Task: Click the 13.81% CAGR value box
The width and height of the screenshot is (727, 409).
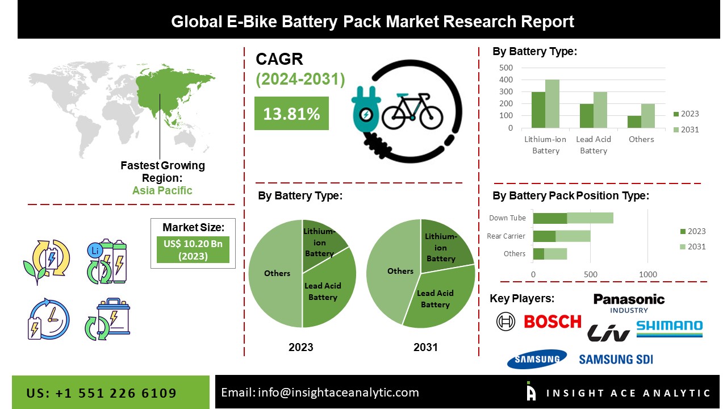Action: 291,114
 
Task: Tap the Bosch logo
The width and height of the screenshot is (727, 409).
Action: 552,322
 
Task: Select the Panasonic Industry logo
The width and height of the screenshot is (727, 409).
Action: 629,302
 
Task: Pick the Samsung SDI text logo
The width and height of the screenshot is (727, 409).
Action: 616,359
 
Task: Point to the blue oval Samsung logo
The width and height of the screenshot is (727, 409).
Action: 537,358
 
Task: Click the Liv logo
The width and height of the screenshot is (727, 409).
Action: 608,333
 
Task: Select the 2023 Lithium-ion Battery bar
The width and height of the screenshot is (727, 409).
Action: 538,110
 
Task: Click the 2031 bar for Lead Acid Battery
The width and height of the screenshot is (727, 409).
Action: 600,110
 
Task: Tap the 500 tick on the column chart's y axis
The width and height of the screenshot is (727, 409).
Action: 505,68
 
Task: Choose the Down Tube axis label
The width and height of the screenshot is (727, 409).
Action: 507,218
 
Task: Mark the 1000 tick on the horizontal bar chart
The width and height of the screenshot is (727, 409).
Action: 648,274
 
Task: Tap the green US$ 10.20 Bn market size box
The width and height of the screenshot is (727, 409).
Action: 193,250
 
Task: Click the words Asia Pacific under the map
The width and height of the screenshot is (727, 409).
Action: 162,190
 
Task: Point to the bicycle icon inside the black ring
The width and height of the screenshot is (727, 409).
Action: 412,112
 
